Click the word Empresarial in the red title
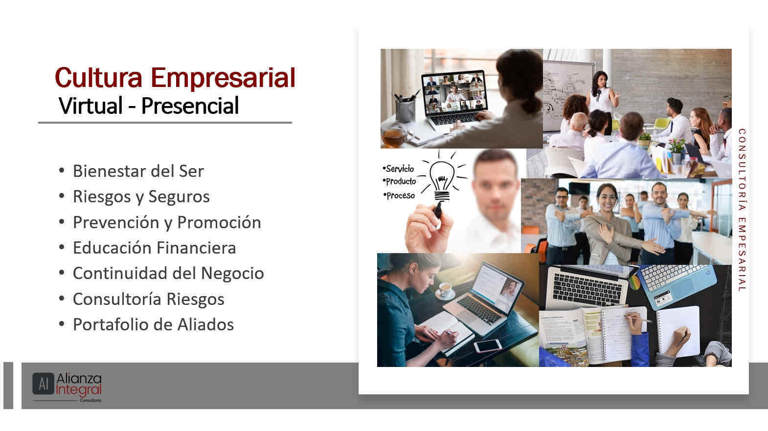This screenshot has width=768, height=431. click(223, 78)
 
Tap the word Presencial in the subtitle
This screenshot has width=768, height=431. click(190, 106)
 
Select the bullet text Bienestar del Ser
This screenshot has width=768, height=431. click(138, 171)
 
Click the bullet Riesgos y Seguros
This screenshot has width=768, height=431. click(141, 197)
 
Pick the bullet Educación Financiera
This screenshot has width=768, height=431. click(154, 248)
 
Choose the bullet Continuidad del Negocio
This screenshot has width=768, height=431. click(168, 273)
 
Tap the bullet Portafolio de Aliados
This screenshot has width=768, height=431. click(153, 324)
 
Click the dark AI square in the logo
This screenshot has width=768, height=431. click(43, 384)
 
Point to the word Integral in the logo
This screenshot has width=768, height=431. click(79, 390)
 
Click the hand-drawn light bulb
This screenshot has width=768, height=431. click(442, 180)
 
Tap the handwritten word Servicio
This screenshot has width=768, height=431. click(399, 169)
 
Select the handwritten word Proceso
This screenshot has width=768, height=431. click(400, 195)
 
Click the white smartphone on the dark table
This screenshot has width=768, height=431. click(488, 345)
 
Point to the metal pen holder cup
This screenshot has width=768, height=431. click(405, 110)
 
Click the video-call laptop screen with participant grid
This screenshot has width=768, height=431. click(454, 93)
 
